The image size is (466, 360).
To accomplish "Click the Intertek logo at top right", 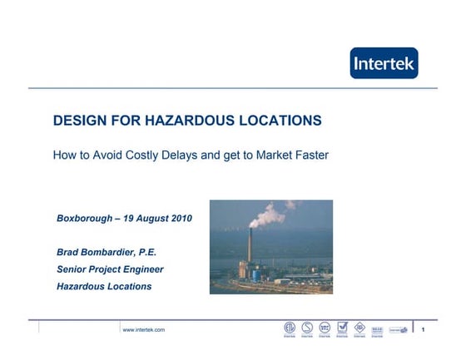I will (384, 63).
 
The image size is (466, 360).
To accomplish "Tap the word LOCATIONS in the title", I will (280, 121).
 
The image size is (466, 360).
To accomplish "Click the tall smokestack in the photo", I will (248, 249).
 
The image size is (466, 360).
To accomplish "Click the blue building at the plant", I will (244, 269).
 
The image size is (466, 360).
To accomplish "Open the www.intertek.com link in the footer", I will (143, 330).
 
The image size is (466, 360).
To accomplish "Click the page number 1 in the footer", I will (424, 330).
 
